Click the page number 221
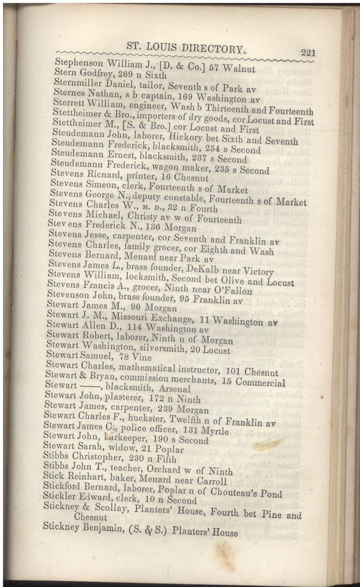tap(308, 52)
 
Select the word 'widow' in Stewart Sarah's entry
tap(106, 448)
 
